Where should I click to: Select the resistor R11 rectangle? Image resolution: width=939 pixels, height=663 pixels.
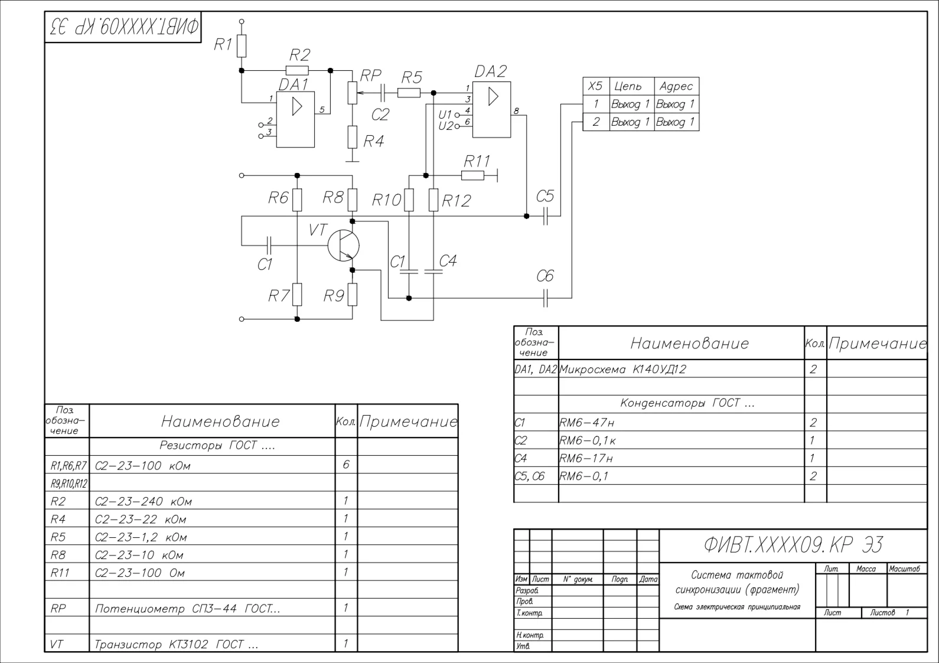[x=472, y=175]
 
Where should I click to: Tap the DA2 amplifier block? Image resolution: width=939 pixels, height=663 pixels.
[x=491, y=110]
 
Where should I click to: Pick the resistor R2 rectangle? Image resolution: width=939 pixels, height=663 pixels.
[x=297, y=70]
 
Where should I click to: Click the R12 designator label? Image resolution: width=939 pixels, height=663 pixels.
[x=456, y=201]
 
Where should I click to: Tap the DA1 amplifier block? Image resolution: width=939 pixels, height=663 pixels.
[x=296, y=119]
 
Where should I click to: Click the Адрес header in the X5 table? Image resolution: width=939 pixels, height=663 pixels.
[x=676, y=86]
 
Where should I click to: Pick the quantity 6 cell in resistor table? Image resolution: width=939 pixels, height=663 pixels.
[x=346, y=465]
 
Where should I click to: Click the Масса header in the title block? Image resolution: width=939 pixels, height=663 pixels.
[x=866, y=569]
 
